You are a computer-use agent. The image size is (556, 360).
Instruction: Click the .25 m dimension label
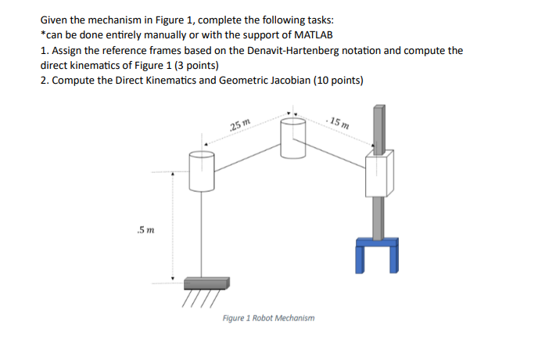point(240,126)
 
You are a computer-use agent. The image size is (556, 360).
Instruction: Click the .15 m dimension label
point(339,122)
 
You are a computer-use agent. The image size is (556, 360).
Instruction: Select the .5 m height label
point(145,229)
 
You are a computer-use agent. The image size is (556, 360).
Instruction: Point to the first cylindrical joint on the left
point(201,171)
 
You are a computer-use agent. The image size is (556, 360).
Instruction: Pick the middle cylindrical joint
point(292,142)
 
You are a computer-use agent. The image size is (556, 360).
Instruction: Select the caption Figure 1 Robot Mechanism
point(268,319)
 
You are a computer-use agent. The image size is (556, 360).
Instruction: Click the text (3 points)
point(193,65)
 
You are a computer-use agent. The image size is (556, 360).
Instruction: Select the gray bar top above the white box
point(379,125)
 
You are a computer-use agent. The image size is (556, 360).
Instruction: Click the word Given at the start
point(55,21)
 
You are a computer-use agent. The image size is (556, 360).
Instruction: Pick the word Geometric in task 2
point(231,80)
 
